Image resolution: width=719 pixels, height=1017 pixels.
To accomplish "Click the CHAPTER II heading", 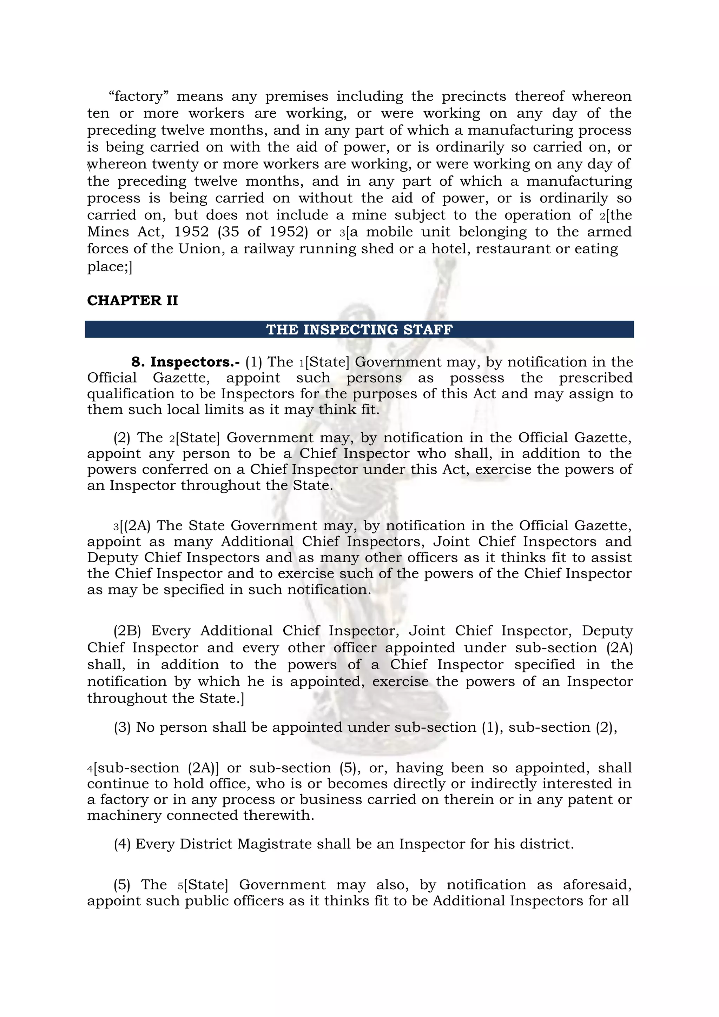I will tap(132, 301).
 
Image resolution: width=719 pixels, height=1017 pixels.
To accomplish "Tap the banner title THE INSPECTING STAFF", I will tap(359, 330).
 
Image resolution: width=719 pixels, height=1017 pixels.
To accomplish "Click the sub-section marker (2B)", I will tap(127, 631).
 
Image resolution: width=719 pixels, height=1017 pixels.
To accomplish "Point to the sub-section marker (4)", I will tap(122, 844).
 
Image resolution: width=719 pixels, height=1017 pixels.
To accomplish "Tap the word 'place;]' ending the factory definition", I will tap(110, 267).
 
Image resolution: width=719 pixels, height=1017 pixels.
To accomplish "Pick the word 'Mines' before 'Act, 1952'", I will tap(108, 232).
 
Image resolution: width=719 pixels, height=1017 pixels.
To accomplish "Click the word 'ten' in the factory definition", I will tap(98, 113).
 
